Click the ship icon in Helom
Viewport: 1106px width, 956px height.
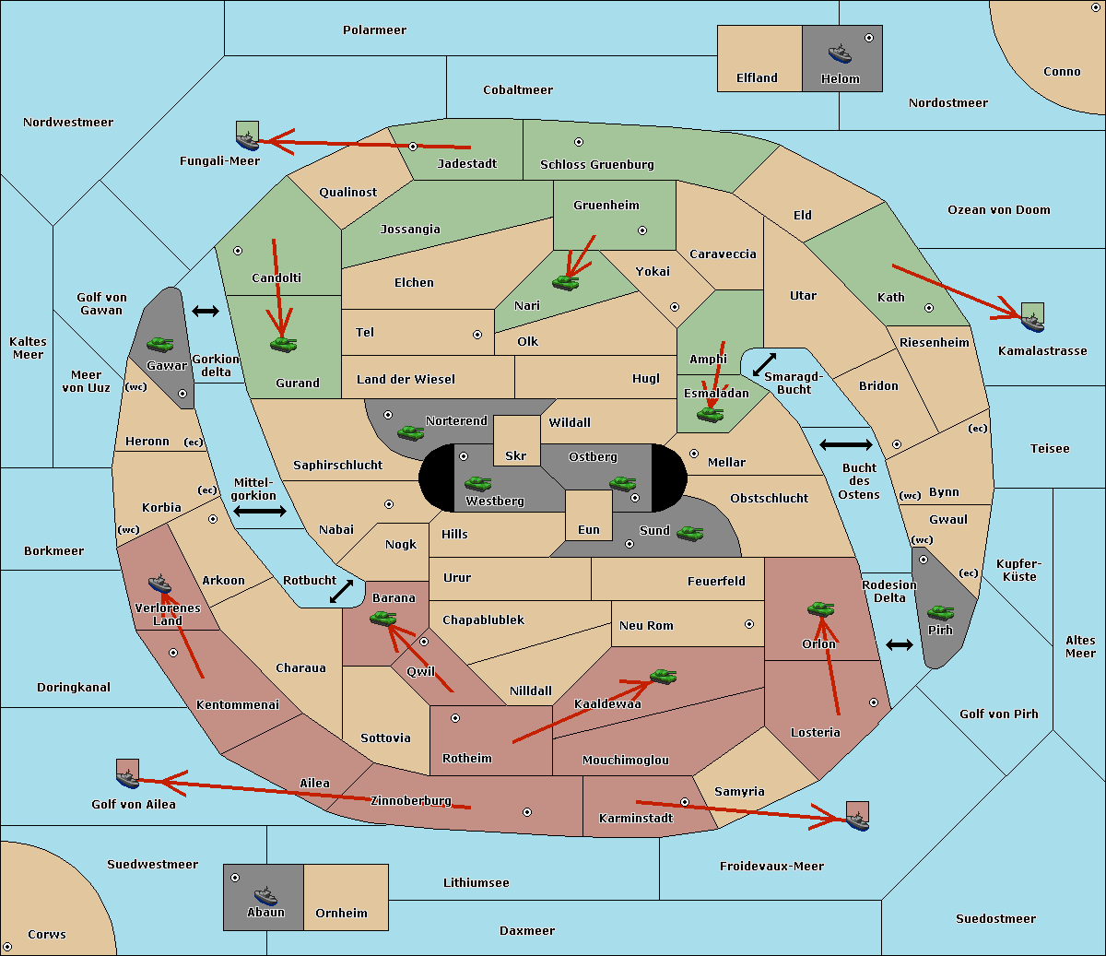[x=840, y=53]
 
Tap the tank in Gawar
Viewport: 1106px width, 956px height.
[x=160, y=344]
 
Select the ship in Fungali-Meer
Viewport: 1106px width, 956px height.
[x=248, y=141]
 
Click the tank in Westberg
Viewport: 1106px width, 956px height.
[x=477, y=483]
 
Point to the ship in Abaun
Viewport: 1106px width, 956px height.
[x=266, y=895]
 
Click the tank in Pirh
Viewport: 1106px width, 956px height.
[x=940, y=612]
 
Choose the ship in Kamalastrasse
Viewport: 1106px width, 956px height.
[x=1032, y=323]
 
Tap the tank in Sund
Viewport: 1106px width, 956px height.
[x=689, y=533]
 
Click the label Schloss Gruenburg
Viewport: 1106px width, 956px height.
[x=597, y=164]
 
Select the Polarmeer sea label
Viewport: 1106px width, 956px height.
[x=374, y=30]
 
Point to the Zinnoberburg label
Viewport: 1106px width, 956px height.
[x=411, y=801]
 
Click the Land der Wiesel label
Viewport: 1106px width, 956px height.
[x=406, y=380]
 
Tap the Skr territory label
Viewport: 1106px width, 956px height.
[x=516, y=455]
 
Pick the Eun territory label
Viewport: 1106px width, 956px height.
[x=589, y=529]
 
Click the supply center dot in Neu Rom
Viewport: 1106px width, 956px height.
[x=749, y=624]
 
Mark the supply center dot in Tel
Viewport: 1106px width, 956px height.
[x=477, y=335]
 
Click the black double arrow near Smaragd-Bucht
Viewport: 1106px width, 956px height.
[x=764, y=364]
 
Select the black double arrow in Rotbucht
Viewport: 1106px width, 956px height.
[x=341, y=592]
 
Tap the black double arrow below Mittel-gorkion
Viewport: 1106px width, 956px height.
[x=260, y=512]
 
